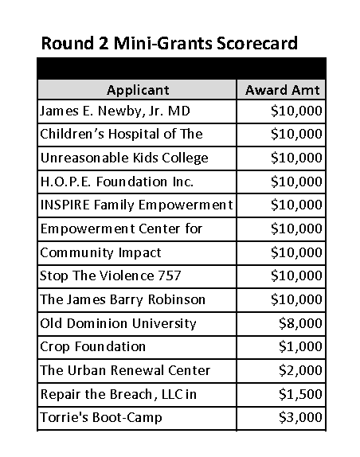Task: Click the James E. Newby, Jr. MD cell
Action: [x=108, y=111]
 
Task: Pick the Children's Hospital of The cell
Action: [x=121, y=134]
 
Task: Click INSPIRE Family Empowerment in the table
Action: [x=136, y=205]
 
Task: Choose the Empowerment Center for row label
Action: [x=120, y=228]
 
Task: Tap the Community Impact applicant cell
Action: [x=100, y=252]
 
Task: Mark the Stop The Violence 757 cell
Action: [x=110, y=276]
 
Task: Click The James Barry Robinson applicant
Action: [x=123, y=299]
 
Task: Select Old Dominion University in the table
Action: [x=118, y=323]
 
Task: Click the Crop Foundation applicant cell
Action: [x=92, y=346]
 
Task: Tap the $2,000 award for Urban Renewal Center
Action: [x=300, y=370]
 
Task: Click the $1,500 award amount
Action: [x=300, y=394]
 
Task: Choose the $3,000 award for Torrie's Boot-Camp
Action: [x=300, y=417]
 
